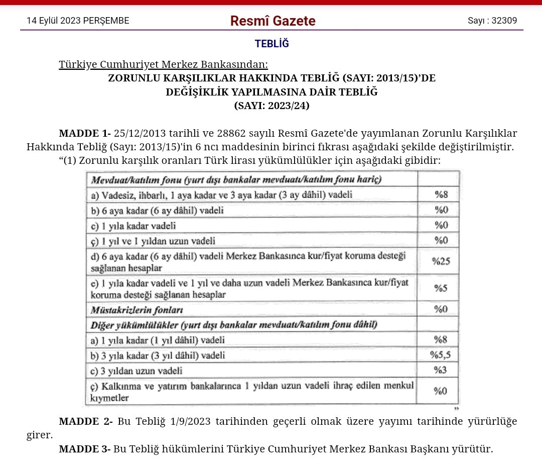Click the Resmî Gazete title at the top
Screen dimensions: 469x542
273,21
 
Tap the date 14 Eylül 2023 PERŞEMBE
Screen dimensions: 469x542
78,21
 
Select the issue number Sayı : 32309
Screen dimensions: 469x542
492,21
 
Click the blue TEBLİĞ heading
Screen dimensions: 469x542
272,44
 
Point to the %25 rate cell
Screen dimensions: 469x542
441,261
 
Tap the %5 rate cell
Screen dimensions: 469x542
441,289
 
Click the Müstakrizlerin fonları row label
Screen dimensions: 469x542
137,309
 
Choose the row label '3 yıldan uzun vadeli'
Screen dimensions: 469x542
136,371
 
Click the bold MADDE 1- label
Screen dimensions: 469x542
84,134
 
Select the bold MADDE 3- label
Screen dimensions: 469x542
84,449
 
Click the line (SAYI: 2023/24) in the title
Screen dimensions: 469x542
272,106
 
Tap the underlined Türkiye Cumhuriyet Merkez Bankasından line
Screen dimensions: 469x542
164,65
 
